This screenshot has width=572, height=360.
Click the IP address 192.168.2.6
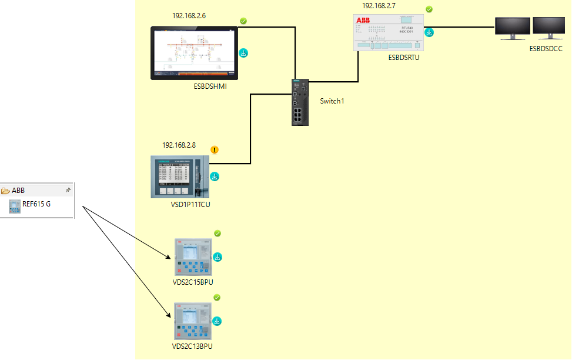coord(189,16)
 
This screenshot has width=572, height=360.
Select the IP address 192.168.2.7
coord(379,6)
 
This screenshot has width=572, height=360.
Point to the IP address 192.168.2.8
coord(179,145)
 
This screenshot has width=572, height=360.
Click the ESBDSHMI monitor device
coord(195,53)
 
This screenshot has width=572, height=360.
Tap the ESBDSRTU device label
coord(404,58)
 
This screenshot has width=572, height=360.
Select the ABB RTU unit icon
coord(389,33)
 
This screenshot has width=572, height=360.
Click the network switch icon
coord(299,101)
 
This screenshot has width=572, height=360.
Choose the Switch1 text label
coord(332,101)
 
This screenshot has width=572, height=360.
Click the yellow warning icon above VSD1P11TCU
coord(215,149)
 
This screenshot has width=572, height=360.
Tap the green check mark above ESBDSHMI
coord(243,21)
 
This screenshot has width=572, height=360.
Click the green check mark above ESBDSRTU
coord(429,9)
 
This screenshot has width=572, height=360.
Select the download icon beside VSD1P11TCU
coord(215,176)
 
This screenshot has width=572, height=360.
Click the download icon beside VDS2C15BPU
coord(218,257)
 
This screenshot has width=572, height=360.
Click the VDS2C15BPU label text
coord(193,282)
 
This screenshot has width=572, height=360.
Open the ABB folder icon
coord(6,191)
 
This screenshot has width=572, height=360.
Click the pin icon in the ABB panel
coord(68,191)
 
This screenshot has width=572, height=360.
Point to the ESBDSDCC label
coord(546,49)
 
